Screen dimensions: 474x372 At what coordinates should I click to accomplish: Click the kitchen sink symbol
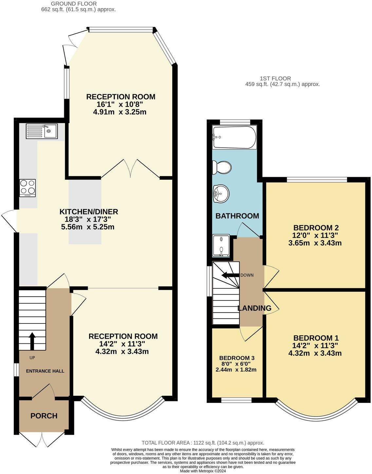[x=42, y=131]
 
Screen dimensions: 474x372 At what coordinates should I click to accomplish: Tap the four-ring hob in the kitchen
[x=28, y=188]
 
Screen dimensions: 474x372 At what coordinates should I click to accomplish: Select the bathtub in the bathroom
[x=234, y=137]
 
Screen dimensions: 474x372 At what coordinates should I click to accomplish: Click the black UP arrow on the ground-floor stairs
[x=32, y=341]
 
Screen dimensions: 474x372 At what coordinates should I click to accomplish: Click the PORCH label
[x=44, y=416]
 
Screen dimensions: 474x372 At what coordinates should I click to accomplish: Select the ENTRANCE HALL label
[x=45, y=371]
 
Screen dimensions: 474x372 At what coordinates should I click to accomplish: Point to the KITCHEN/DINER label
[x=88, y=211]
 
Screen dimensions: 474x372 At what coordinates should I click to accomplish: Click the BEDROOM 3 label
[x=237, y=358]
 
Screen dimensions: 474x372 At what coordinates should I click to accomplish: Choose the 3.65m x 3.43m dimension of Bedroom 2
[x=315, y=243]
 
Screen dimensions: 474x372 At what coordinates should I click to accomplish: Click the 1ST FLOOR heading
[x=275, y=78]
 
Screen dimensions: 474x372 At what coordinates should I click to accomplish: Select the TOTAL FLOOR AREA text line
[x=203, y=443]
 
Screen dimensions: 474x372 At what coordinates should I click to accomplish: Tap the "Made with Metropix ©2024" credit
[x=203, y=471]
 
